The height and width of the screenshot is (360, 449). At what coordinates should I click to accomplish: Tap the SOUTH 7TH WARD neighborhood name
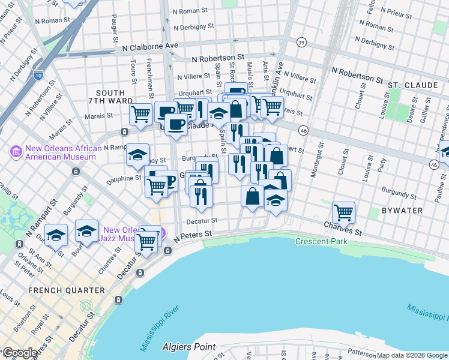(110, 98)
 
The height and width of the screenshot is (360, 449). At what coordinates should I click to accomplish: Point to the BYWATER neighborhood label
(402, 211)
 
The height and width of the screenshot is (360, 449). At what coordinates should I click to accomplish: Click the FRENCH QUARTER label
(67, 290)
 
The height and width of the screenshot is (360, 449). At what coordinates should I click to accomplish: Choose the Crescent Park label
(321, 241)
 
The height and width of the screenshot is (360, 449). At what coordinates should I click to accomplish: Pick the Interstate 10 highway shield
(38, 76)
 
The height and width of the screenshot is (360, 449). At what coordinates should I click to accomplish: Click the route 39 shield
(301, 41)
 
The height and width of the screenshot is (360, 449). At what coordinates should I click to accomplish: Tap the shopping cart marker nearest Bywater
(343, 212)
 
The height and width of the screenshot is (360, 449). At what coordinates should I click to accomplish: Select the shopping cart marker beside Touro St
(140, 113)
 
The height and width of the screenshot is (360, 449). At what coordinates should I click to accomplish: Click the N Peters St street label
(193, 236)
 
